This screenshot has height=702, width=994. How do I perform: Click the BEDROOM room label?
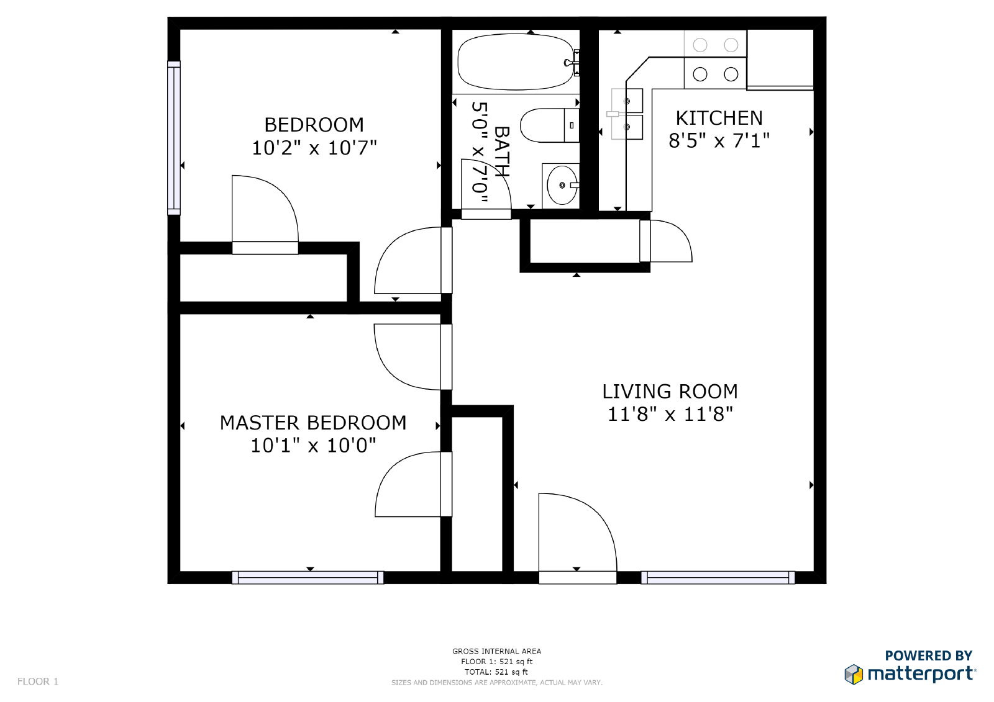click(314, 125)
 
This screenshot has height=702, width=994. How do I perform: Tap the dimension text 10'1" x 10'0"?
click(313, 446)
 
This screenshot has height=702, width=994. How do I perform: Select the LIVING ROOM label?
click(670, 392)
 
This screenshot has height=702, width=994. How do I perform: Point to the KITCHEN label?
click(719, 118)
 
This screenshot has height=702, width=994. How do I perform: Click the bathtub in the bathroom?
click(516, 62)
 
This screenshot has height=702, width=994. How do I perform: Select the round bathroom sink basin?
click(561, 185)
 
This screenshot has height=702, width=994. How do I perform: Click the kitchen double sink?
click(627, 114)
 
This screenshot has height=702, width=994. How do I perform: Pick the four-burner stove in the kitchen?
click(715, 60)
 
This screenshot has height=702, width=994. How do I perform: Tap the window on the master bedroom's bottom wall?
click(308, 578)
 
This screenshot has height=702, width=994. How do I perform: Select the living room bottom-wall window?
click(718, 578)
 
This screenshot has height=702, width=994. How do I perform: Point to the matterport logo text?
click(921, 673)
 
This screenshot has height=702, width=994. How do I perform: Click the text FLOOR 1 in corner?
click(38, 682)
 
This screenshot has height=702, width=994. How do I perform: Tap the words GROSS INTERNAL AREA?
click(496, 651)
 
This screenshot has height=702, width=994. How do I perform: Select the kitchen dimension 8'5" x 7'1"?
click(719, 141)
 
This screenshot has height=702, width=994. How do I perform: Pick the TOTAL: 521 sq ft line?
click(496, 672)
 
